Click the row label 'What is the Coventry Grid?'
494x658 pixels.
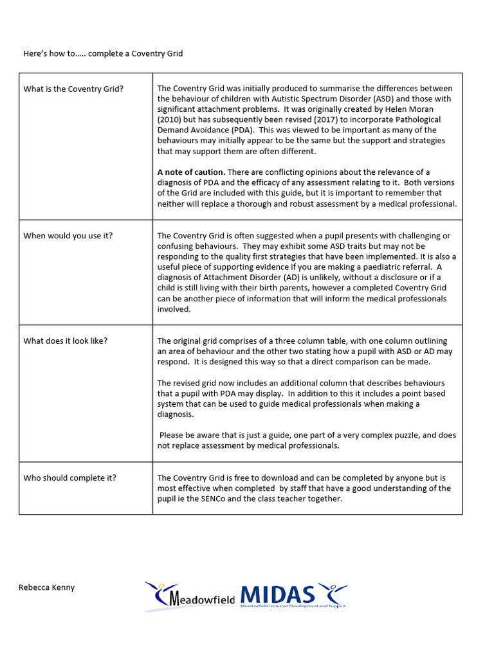click(73, 89)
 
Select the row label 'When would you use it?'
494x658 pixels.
click(68, 236)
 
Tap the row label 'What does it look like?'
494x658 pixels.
click(66, 341)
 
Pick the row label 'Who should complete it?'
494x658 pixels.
click(70, 477)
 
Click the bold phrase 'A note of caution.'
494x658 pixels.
click(191, 172)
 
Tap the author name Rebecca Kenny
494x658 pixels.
click(46, 587)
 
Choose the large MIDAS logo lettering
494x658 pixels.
click(278, 594)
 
